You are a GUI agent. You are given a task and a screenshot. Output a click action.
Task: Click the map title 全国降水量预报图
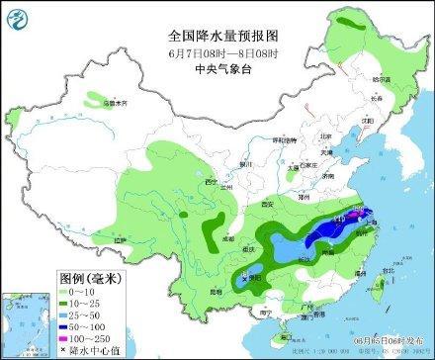pos(217,32)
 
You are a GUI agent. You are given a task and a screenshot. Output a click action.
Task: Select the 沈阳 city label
pos(370,121)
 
